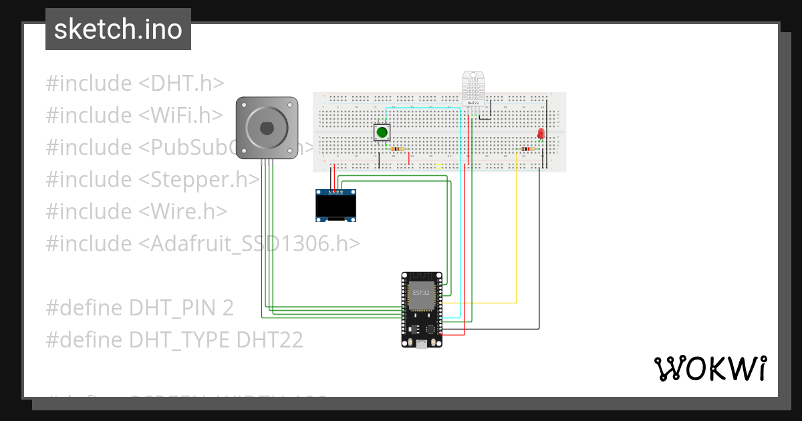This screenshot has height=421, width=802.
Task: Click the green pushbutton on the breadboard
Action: click(x=382, y=132)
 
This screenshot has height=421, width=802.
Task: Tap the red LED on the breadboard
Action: click(x=541, y=134)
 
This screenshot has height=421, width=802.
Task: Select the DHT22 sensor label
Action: click(x=472, y=102)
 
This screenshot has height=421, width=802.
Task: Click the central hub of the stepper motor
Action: click(x=266, y=127)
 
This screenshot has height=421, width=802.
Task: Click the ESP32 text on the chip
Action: click(x=421, y=293)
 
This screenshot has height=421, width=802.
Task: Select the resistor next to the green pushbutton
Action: click(x=397, y=149)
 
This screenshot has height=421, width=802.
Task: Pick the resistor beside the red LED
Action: click(x=527, y=149)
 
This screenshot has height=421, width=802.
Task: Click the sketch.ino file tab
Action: click(x=118, y=29)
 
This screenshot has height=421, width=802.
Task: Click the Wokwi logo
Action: click(x=710, y=369)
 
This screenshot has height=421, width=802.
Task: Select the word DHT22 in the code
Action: click(x=270, y=340)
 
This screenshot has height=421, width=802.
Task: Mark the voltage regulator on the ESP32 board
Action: click(x=413, y=329)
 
